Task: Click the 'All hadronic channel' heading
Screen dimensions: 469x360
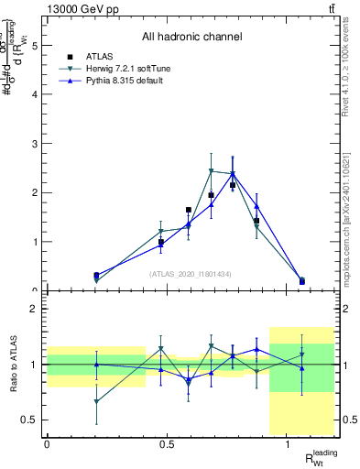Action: click(x=191, y=38)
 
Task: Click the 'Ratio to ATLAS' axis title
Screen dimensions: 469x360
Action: click(x=12, y=365)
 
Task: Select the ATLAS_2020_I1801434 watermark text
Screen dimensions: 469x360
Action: click(x=191, y=274)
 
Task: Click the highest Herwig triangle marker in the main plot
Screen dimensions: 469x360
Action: click(x=211, y=171)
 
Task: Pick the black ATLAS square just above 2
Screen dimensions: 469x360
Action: click(x=233, y=185)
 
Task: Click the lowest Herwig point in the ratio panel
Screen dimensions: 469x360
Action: click(x=97, y=401)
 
